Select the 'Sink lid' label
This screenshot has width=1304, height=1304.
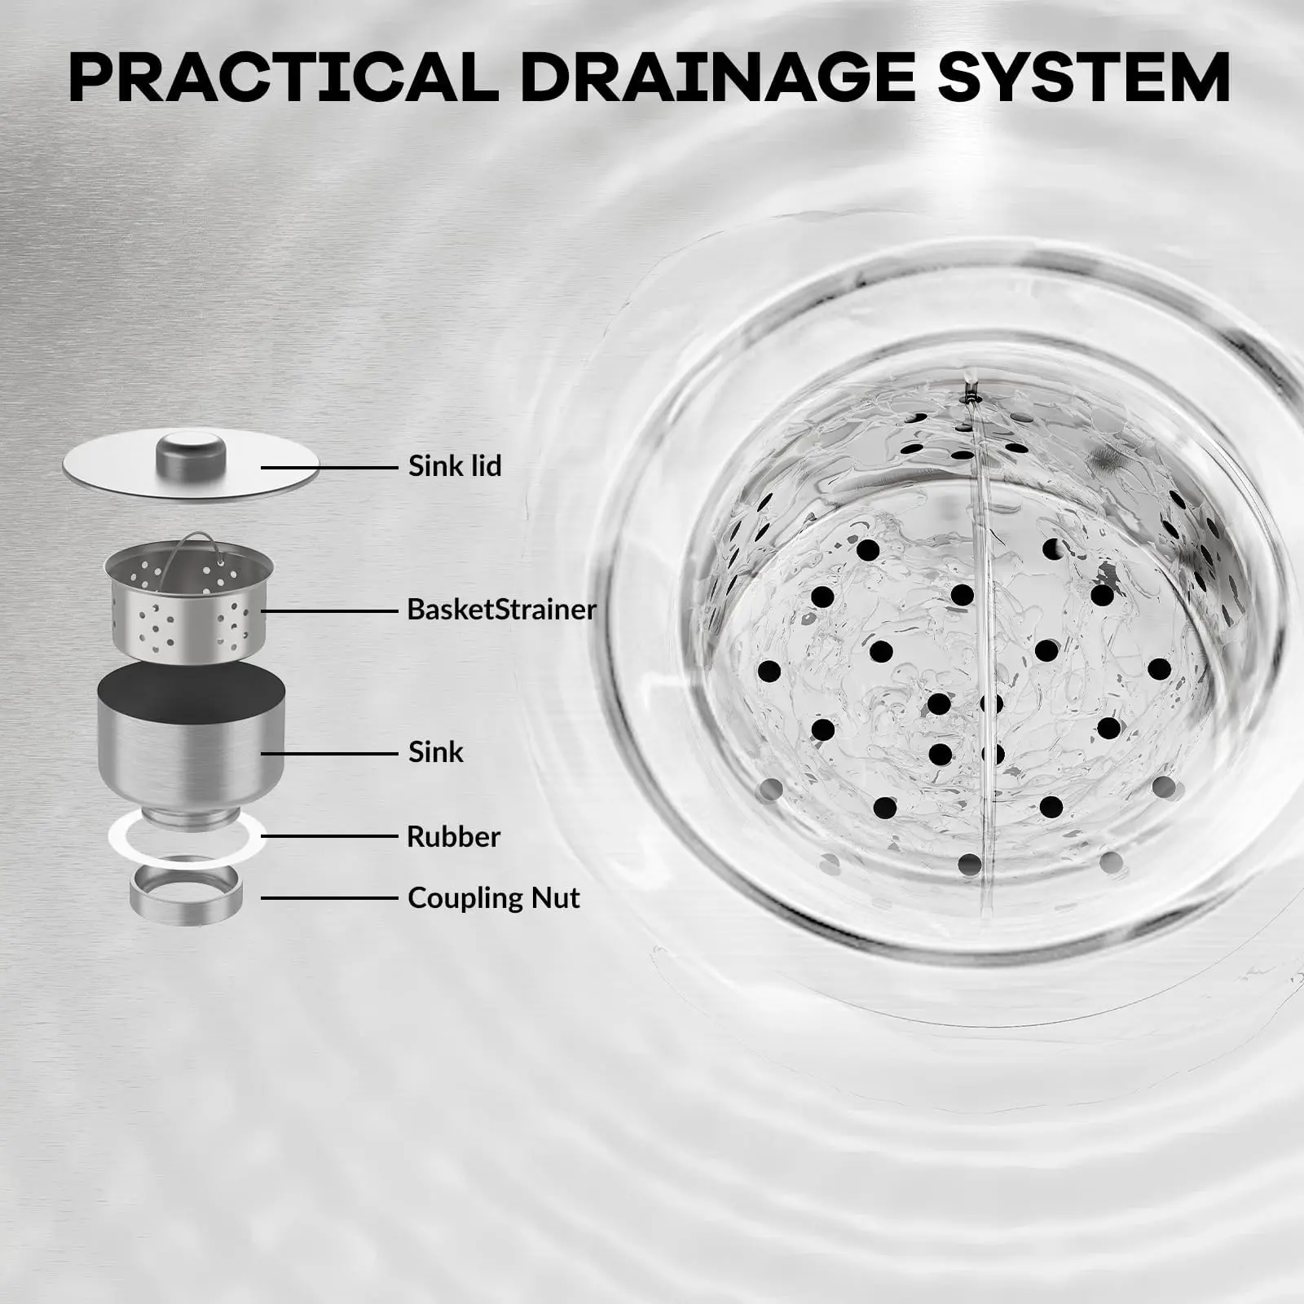click(x=455, y=466)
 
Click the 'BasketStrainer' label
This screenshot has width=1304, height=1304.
click(x=501, y=610)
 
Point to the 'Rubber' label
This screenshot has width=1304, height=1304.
click(x=453, y=836)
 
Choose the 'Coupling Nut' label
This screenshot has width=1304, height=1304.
click(x=494, y=898)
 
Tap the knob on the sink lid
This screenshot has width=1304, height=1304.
click(x=191, y=448)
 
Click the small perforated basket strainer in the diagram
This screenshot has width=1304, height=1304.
click(x=188, y=600)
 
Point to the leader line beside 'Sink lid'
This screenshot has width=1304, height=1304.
click(x=328, y=467)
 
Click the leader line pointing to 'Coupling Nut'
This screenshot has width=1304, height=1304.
click(x=328, y=898)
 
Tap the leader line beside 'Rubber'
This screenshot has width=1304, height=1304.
click(x=328, y=836)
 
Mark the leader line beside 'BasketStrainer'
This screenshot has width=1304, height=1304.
click(x=328, y=610)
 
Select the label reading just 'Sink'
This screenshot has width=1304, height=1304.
click(x=436, y=751)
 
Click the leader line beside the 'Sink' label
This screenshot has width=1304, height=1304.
click(x=328, y=752)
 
